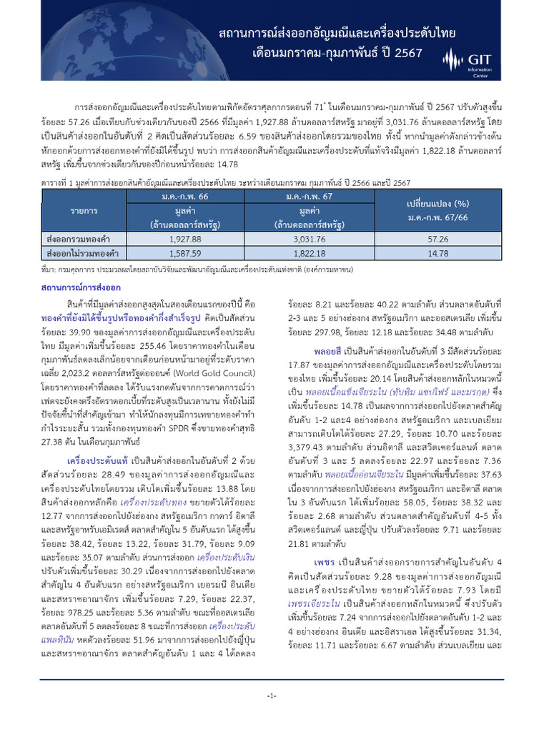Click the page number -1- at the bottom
[271, 696]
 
